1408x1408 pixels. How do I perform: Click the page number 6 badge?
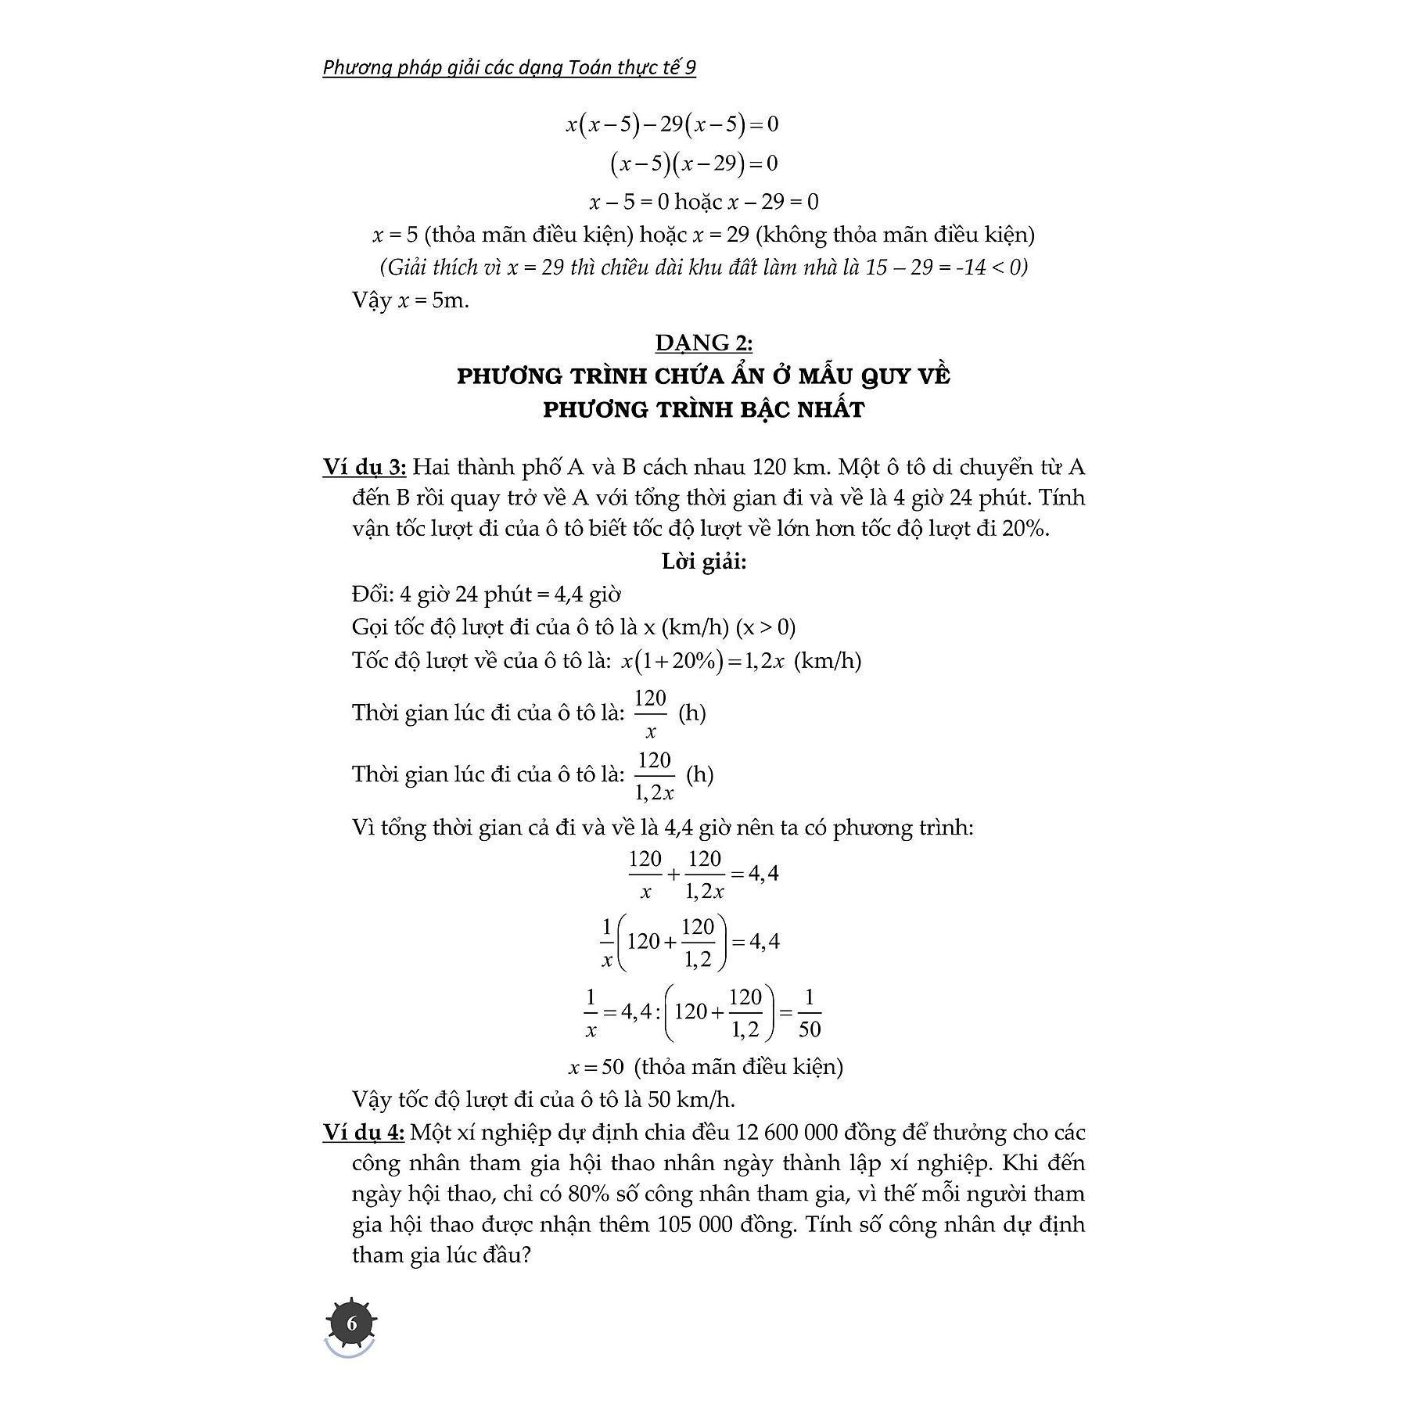[x=351, y=1324]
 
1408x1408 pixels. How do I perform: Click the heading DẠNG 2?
[x=703, y=343]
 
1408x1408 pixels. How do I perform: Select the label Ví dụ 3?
[x=364, y=468]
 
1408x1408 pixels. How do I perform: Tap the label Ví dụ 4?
[x=363, y=1132]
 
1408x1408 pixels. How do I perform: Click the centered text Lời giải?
[x=704, y=562]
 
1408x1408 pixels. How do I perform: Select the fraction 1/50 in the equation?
[x=809, y=1012]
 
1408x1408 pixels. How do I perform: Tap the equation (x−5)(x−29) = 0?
[x=694, y=163]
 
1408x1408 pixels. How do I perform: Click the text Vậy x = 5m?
[x=411, y=300]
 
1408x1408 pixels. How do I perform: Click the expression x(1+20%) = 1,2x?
[x=702, y=661]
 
